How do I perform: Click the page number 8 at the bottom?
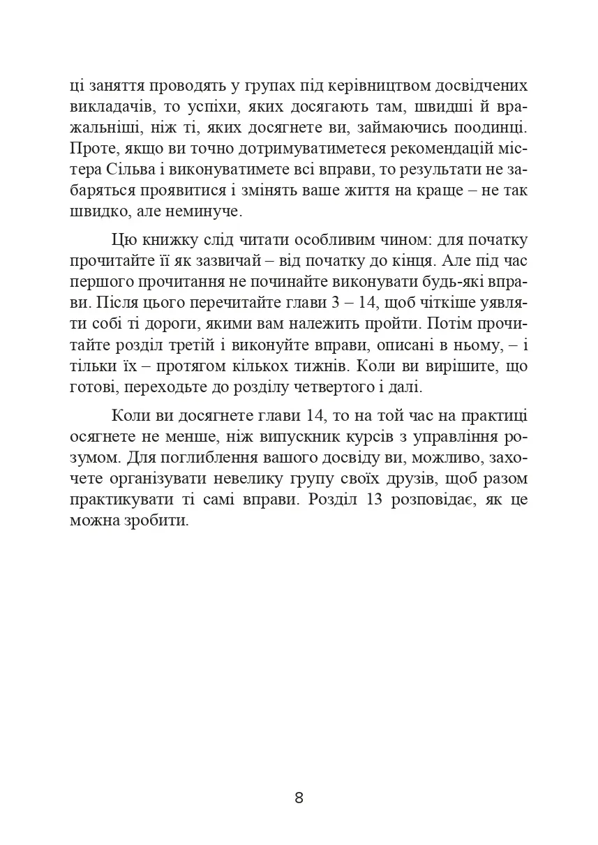click(x=299, y=798)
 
